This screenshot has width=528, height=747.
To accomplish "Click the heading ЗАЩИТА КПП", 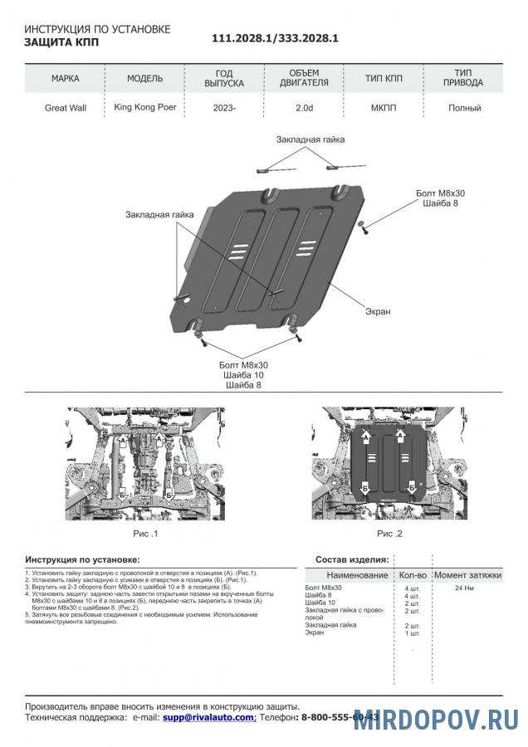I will click(x=61, y=41).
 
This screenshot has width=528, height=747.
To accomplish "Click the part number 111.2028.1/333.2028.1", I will click(x=275, y=38).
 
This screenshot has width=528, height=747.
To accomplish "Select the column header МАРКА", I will click(x=66, y=79).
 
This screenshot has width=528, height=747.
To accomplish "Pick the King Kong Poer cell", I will click(x=144, y=107).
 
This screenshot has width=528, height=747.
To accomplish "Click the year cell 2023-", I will click(x=224, y=108).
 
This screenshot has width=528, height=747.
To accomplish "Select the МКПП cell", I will click(x=384, y=108).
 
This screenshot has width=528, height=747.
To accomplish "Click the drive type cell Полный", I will click(x=464, y=108).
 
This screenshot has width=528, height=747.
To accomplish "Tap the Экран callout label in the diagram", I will click(x=377, y=311).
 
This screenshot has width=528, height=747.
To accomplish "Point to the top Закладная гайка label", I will click(x=310, y=139).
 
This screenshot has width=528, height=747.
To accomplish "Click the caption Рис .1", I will click(x=145, y=533).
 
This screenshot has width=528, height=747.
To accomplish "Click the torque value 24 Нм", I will click(x=464, y=588).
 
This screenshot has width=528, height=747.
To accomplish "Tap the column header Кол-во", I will click(x=413, y=574).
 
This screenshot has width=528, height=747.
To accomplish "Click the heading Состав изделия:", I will click(x=352, y=559).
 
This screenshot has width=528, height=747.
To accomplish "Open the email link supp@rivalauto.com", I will click(x=208, y=716).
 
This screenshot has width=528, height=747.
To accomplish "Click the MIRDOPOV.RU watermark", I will click(x=437, y=720).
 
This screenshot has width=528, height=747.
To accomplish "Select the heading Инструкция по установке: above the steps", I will click(x=82, y=559).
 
